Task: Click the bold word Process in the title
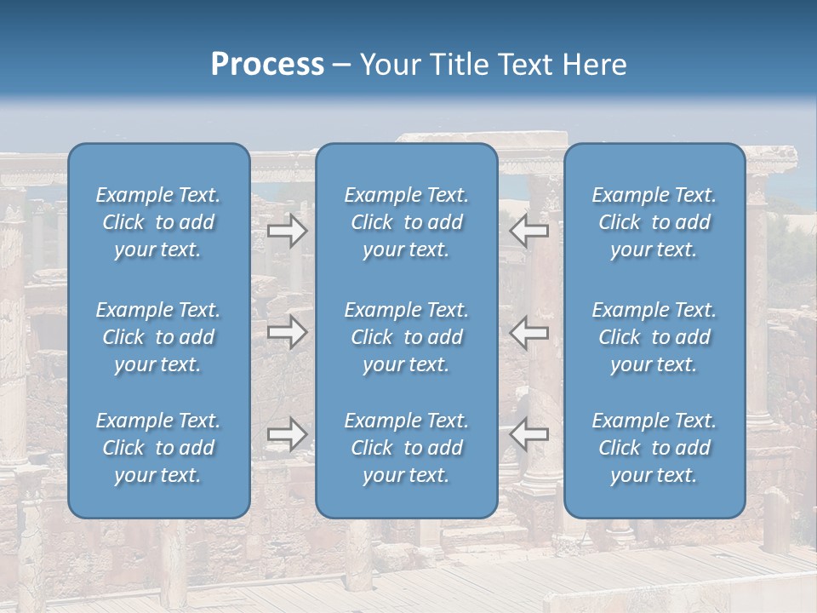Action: (267, 65)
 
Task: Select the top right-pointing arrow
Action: (287, 231)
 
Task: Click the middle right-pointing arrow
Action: (287, 331)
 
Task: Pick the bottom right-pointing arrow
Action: (287, 434)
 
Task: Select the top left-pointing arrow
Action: (529, 231)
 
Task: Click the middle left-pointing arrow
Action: (529, 331)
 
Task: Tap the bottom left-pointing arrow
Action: (529, 434)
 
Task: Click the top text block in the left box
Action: (158, 222)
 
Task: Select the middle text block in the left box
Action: (158, 337)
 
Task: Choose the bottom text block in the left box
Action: (158, 448)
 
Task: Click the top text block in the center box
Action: (406, 222)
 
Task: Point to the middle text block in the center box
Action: (406, 337)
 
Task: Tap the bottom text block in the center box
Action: (406, 448)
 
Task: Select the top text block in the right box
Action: (654, 222)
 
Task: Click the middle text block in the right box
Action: (654, 337)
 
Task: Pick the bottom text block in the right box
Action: (654, 448)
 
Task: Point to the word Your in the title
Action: (390, 65)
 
